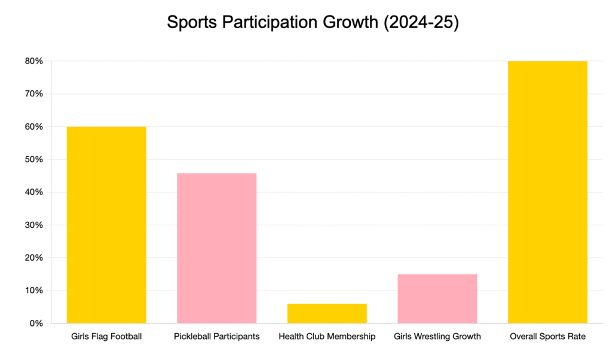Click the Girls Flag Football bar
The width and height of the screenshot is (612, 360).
106,225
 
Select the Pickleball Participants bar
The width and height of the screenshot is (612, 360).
216,248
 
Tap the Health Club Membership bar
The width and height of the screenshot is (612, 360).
327,313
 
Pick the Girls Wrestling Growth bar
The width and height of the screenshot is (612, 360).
437,298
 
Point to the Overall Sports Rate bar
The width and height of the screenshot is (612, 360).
547,192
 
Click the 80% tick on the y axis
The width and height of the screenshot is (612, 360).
33,61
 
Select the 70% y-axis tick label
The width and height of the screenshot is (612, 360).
33,94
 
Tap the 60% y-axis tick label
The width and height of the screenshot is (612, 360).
33,127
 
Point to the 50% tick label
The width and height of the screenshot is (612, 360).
33,160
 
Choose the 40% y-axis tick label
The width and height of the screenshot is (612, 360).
33,193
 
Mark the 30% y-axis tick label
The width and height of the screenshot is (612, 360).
33,225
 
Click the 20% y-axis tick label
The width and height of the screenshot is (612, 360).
33,258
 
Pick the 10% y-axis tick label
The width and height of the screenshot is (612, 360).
33,291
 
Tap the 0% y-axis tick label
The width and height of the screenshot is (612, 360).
36,324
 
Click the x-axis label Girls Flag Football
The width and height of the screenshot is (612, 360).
106,337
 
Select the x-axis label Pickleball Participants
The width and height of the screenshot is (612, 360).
216,337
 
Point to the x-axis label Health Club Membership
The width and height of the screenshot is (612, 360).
327,337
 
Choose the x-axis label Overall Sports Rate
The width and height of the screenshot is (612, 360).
547,337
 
